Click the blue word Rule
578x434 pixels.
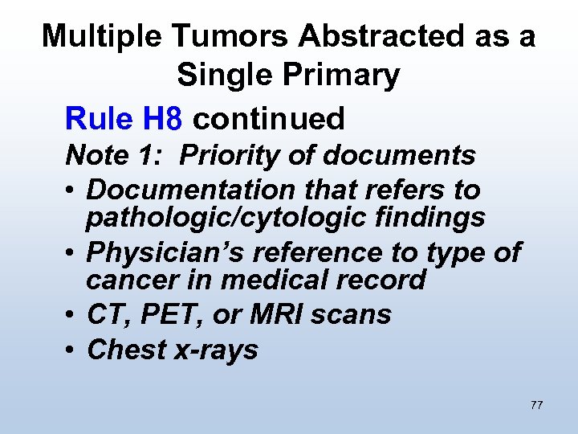tap(99, 119)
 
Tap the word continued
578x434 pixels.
tap(270, 119)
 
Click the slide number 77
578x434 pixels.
tap(536, 405)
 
